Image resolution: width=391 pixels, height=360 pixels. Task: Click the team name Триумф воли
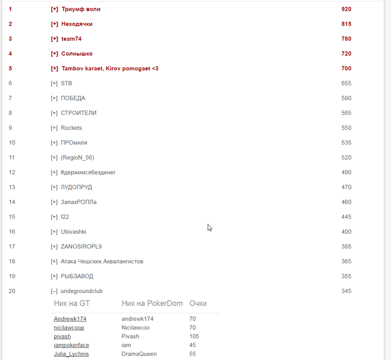(x=80, y=9)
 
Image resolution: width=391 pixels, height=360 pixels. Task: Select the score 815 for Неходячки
(x=346, y=24)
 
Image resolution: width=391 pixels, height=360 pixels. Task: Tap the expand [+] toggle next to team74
(x=54, y=39)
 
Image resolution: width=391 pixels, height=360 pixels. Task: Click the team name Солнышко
(x=77, y=54)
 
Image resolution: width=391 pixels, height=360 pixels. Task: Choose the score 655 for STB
(x=346, y=83)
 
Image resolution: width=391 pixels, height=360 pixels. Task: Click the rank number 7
(x=11, y=98)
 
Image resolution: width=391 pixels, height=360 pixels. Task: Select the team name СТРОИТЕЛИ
(x=78, y=113)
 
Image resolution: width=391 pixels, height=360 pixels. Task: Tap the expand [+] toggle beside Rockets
(x=54, y=128)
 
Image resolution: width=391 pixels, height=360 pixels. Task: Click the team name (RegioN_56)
(x=78, y=157)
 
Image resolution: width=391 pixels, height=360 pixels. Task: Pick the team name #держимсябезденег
(x=88, y=172)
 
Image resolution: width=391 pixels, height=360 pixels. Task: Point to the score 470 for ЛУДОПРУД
(x=346, y=187)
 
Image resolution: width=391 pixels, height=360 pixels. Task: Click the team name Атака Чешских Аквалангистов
(x=102, y=261)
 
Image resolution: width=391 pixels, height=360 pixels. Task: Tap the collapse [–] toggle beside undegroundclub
(x=54, y=291)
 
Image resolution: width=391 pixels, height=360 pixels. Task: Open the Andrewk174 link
(x=70, y=319)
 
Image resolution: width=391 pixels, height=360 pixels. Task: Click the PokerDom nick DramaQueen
(x=139, y=354)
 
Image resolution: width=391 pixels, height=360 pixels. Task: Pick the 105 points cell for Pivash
(x=194, y=337)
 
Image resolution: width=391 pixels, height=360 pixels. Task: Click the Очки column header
(x=198, y=304)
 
